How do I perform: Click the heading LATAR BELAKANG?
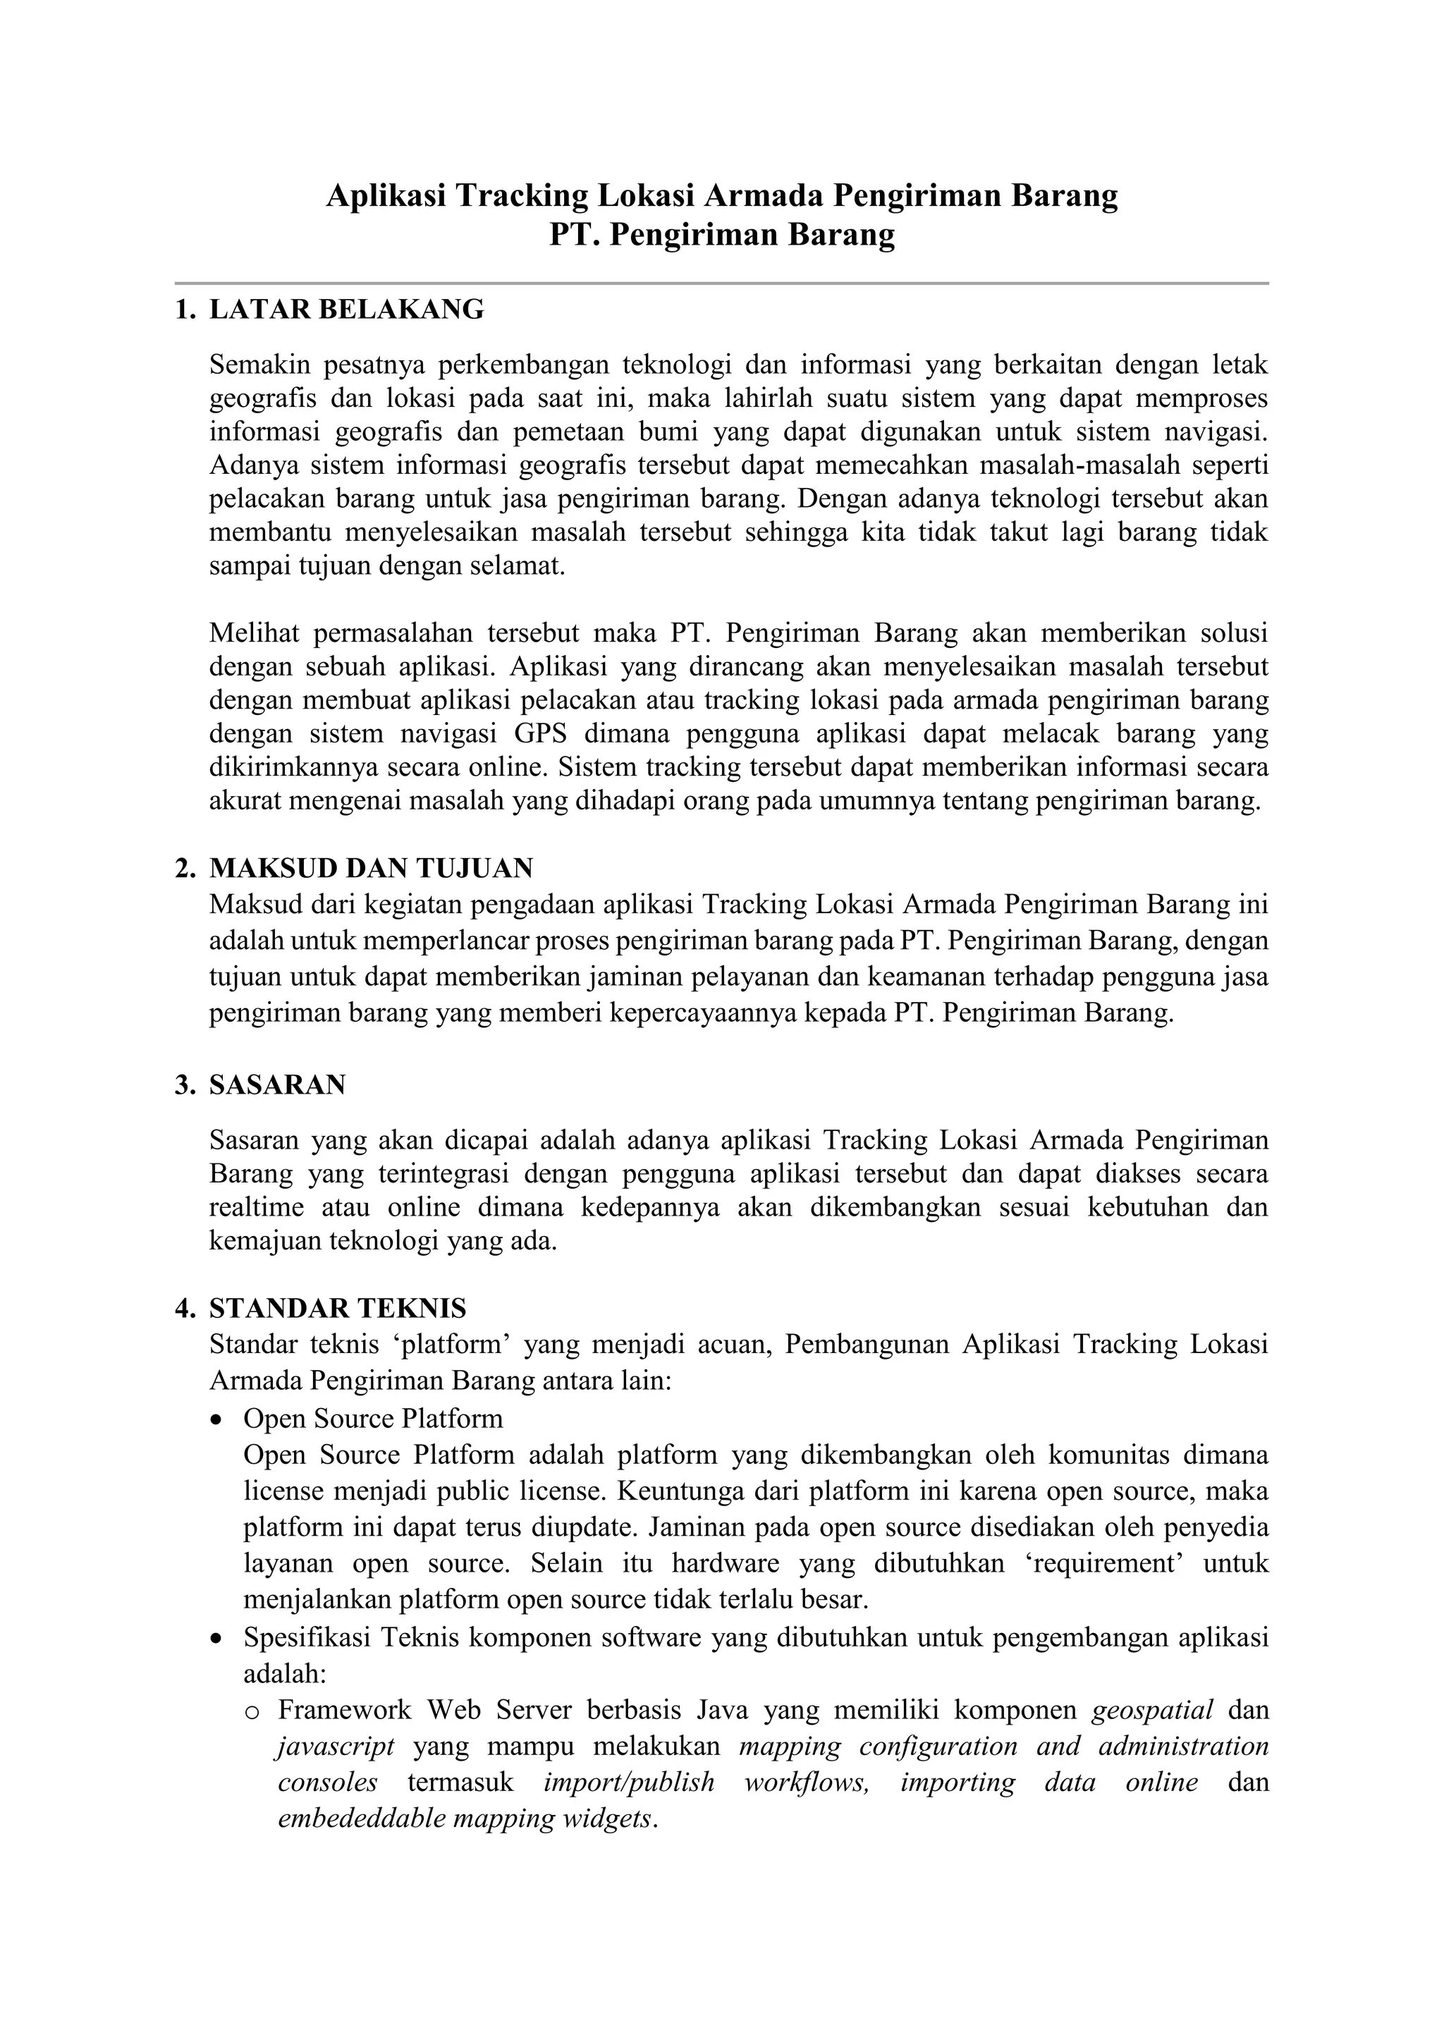pyautogui.click(x=347, y=310)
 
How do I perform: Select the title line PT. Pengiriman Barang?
pyautogui.click(x=721, y=235)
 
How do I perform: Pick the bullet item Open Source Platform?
pyautogui.click(x=374, y=1418)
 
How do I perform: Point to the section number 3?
pyautogui.click(x=184, y=1085)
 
